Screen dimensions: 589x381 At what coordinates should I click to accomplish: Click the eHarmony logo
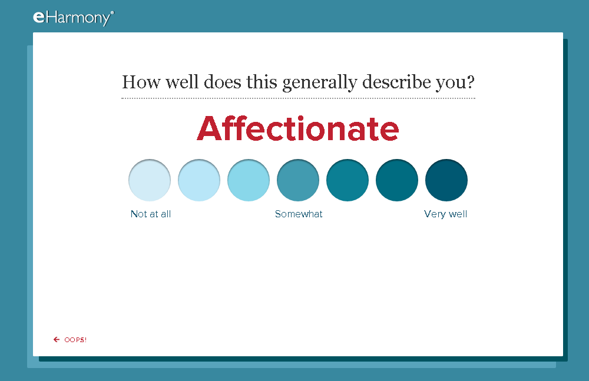click(x=73, y=18)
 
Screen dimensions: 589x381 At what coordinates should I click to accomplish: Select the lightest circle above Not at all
click(x=150, y=180)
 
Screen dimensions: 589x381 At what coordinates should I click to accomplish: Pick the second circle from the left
click(x=199, y=180)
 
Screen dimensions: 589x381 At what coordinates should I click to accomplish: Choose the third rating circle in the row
click(x=249, y=180)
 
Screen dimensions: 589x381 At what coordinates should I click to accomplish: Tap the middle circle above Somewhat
click(x=298, y=180)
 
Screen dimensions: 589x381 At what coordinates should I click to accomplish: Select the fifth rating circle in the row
click(x=348, y=180)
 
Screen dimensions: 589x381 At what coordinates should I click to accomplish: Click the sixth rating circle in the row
click(x=397, y=180)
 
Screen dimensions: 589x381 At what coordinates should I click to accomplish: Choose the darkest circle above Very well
click(x=446, y=180)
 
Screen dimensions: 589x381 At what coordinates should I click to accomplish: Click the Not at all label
click(x=151, y=214)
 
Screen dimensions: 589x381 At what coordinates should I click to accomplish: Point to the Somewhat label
click(x=299, y=214)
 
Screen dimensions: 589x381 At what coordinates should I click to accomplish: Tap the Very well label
click(x=445, y=214)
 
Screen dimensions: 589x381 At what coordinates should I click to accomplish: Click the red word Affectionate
click(x=298, y=128)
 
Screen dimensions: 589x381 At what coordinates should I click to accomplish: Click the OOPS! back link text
click(x=75, y=340)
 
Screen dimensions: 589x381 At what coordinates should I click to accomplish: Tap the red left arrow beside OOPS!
click(x=57, y=340)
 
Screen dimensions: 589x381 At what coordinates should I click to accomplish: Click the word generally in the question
click(x=319, y=82)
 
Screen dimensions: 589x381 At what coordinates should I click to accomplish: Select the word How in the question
click(x=141, y=82)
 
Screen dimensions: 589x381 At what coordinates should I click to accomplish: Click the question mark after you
click(x=471, y=81)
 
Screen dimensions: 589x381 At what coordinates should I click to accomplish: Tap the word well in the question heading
click(x=182, y=81)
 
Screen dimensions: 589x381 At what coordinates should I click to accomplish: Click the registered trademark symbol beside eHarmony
click(x=112, y=13)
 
